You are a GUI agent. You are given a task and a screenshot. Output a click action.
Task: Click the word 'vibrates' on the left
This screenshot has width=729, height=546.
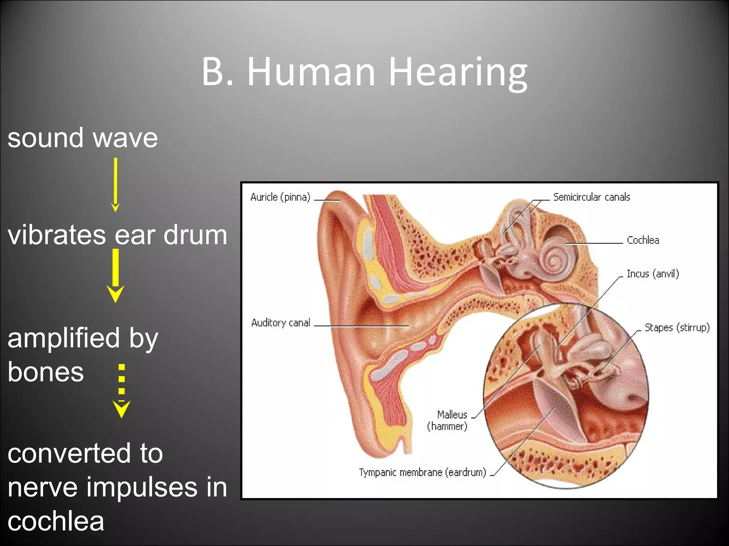[x=57, y=235]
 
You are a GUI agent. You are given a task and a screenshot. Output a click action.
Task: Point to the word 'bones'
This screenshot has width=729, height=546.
[x=46, y=373]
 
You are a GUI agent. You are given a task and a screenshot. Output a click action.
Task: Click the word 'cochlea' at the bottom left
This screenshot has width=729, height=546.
[x=56, y=521]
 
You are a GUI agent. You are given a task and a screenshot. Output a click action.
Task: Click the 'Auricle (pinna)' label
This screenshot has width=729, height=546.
[x=280, y=197]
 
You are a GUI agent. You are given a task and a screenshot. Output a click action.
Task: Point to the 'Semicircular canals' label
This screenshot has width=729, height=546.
[x=591, y=197]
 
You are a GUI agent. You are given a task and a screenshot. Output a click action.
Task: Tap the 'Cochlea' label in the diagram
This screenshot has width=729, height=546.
[x=643, y=240]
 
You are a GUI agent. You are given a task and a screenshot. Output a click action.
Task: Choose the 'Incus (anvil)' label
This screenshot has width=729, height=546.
[x=652, y=274]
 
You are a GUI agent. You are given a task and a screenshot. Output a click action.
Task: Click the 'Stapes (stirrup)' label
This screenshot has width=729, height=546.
[x=677, y=327]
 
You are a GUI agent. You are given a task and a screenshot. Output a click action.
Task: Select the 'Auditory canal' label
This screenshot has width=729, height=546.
[x=280, y=323]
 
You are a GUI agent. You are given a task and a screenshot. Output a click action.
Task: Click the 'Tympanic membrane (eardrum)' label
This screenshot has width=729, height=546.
[x=422, y=472]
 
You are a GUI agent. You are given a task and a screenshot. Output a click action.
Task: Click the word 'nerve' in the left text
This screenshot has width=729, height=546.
[x=42, y=487]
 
